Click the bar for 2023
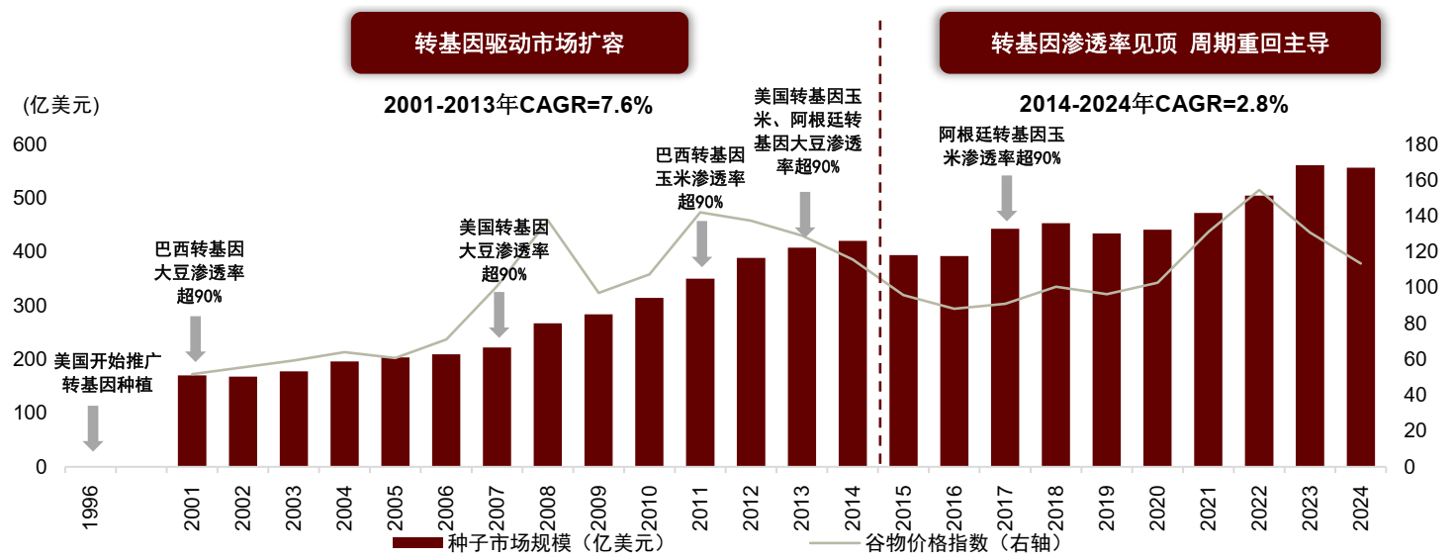tap(1310, 316)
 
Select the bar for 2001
tap(192, 420)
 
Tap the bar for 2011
tap(700, 372)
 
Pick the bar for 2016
tap(955, 361)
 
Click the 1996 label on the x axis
tap(90, 508)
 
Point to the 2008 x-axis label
tap(548, 508)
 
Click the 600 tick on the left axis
tap(30, 144)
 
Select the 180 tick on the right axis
tap(1420, 144)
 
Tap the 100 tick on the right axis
tap(1420, 287)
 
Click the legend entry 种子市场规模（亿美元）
tap(529, 542)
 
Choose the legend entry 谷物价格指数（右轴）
tap(936, 542)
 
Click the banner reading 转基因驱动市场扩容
tap(519, 43)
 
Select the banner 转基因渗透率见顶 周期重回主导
tap(1159, 43)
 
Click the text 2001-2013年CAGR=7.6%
tap(517, 105)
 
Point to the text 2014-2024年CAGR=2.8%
tap(1153, 104)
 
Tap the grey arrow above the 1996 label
tap(93, 428)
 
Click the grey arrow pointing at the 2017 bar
tap(1006, 198)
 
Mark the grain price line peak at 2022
tap(1259, 190)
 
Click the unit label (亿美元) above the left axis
tap(61, 105)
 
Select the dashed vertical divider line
tap(880, 242)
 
